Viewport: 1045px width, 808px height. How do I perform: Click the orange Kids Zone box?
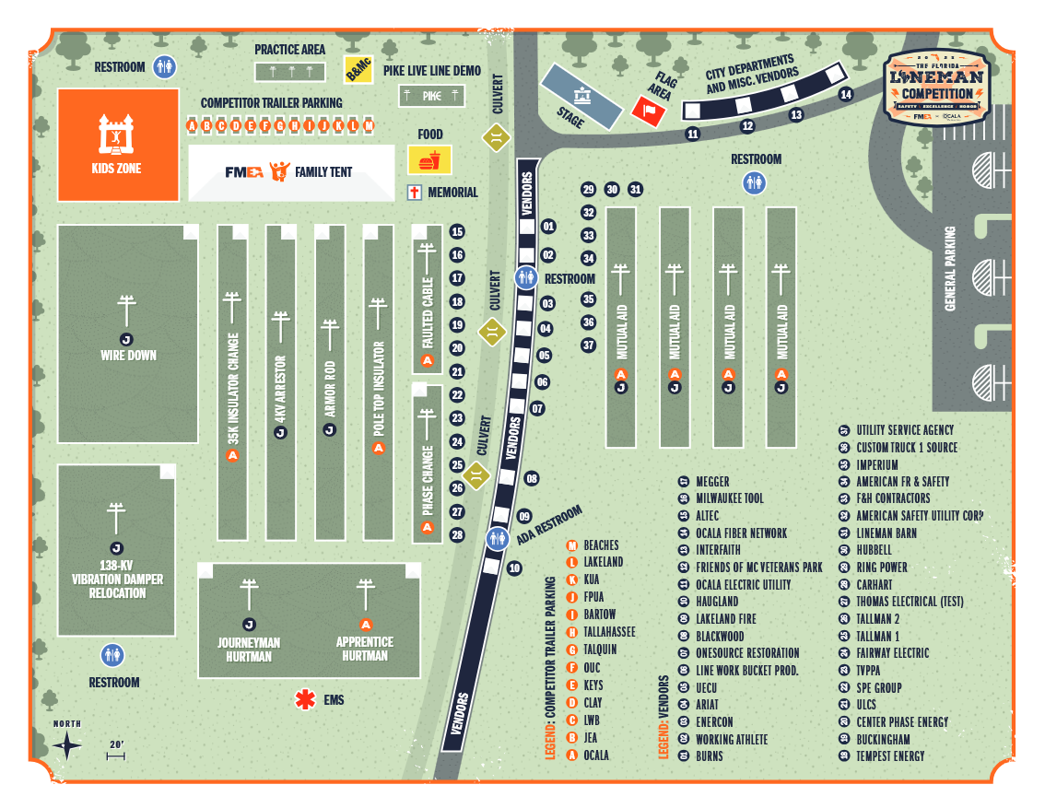point(118,145)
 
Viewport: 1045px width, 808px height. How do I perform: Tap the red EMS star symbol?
point(303,700)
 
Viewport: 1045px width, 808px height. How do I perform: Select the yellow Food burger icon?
point(429,159)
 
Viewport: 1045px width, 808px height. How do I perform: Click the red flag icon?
point(649,111)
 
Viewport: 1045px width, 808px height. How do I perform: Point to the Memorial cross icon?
point(415,193)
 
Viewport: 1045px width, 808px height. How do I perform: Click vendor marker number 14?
point(846,95)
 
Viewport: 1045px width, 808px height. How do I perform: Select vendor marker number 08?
point(531,479)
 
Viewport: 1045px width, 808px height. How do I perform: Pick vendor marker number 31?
point(635,190)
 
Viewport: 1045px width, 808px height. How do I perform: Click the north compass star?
point(67,745)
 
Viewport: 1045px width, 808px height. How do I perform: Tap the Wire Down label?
point(128,356)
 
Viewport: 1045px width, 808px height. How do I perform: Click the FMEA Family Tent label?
point(289,171)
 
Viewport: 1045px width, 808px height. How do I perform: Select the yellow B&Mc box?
point(358,69)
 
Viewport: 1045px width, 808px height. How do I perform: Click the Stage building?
point(581,96)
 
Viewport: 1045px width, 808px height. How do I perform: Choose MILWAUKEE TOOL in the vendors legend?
point(730,498)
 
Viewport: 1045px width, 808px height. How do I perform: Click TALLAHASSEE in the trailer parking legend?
point(609,632)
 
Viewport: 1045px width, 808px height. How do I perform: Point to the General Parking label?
point(950,268)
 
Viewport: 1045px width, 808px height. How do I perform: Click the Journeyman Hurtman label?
point(249,650)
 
